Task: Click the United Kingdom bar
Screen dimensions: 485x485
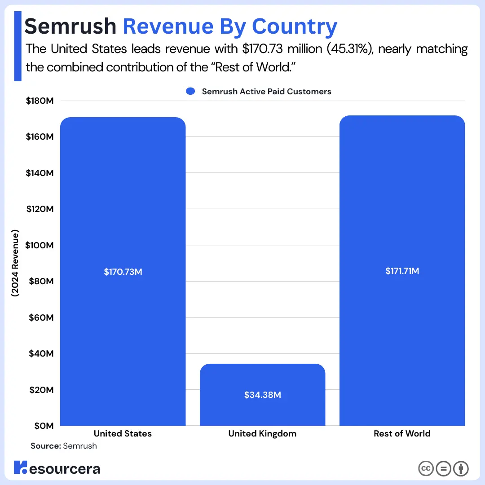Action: pyautogui.click(x=262, y=395)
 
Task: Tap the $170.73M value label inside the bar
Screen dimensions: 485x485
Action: pyautogui.click(x=123, y=272)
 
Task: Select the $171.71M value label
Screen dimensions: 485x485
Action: pyautogui.click(x=402, y=271)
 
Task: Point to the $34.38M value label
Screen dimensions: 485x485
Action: pyautogui.click(x=263, y=395)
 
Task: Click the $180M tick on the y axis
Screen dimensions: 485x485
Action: pyautogui.click(x=40, y=101)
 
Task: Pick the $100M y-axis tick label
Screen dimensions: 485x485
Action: pyautogui.click(x=39, y=245)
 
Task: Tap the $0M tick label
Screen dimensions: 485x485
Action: pyautogui.click(x=44, y=426)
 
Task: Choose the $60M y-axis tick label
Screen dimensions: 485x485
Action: pyautogui.click(x=41, y=317)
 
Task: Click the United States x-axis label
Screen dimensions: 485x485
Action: pyautogui.click(x=123, y=433)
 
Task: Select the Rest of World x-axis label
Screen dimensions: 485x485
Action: pyautogui.click(x=402, y=433)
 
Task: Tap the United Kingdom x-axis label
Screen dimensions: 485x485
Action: pyautogui.click(x=262, y=434)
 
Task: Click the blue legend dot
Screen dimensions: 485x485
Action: pyautogui.click(x=190, y=91)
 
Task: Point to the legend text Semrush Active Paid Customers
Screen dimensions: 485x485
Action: pyautogui.click(x=267, y=92)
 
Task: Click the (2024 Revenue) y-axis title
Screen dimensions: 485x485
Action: pyautogui.click(x=15, y=263)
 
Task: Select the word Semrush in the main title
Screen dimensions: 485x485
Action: pyautogui.click(x=70, y=26)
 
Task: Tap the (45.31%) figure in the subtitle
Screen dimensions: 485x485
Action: pyautogui.click(x=350, y=49)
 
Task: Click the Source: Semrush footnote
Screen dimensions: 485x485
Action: pyautogui.click(x=64, y=446)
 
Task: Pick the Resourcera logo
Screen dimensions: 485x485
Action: pyautogui.click(x=57, y=468)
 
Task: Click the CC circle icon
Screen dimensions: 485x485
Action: pyautogui.click(x=426, y=468)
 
